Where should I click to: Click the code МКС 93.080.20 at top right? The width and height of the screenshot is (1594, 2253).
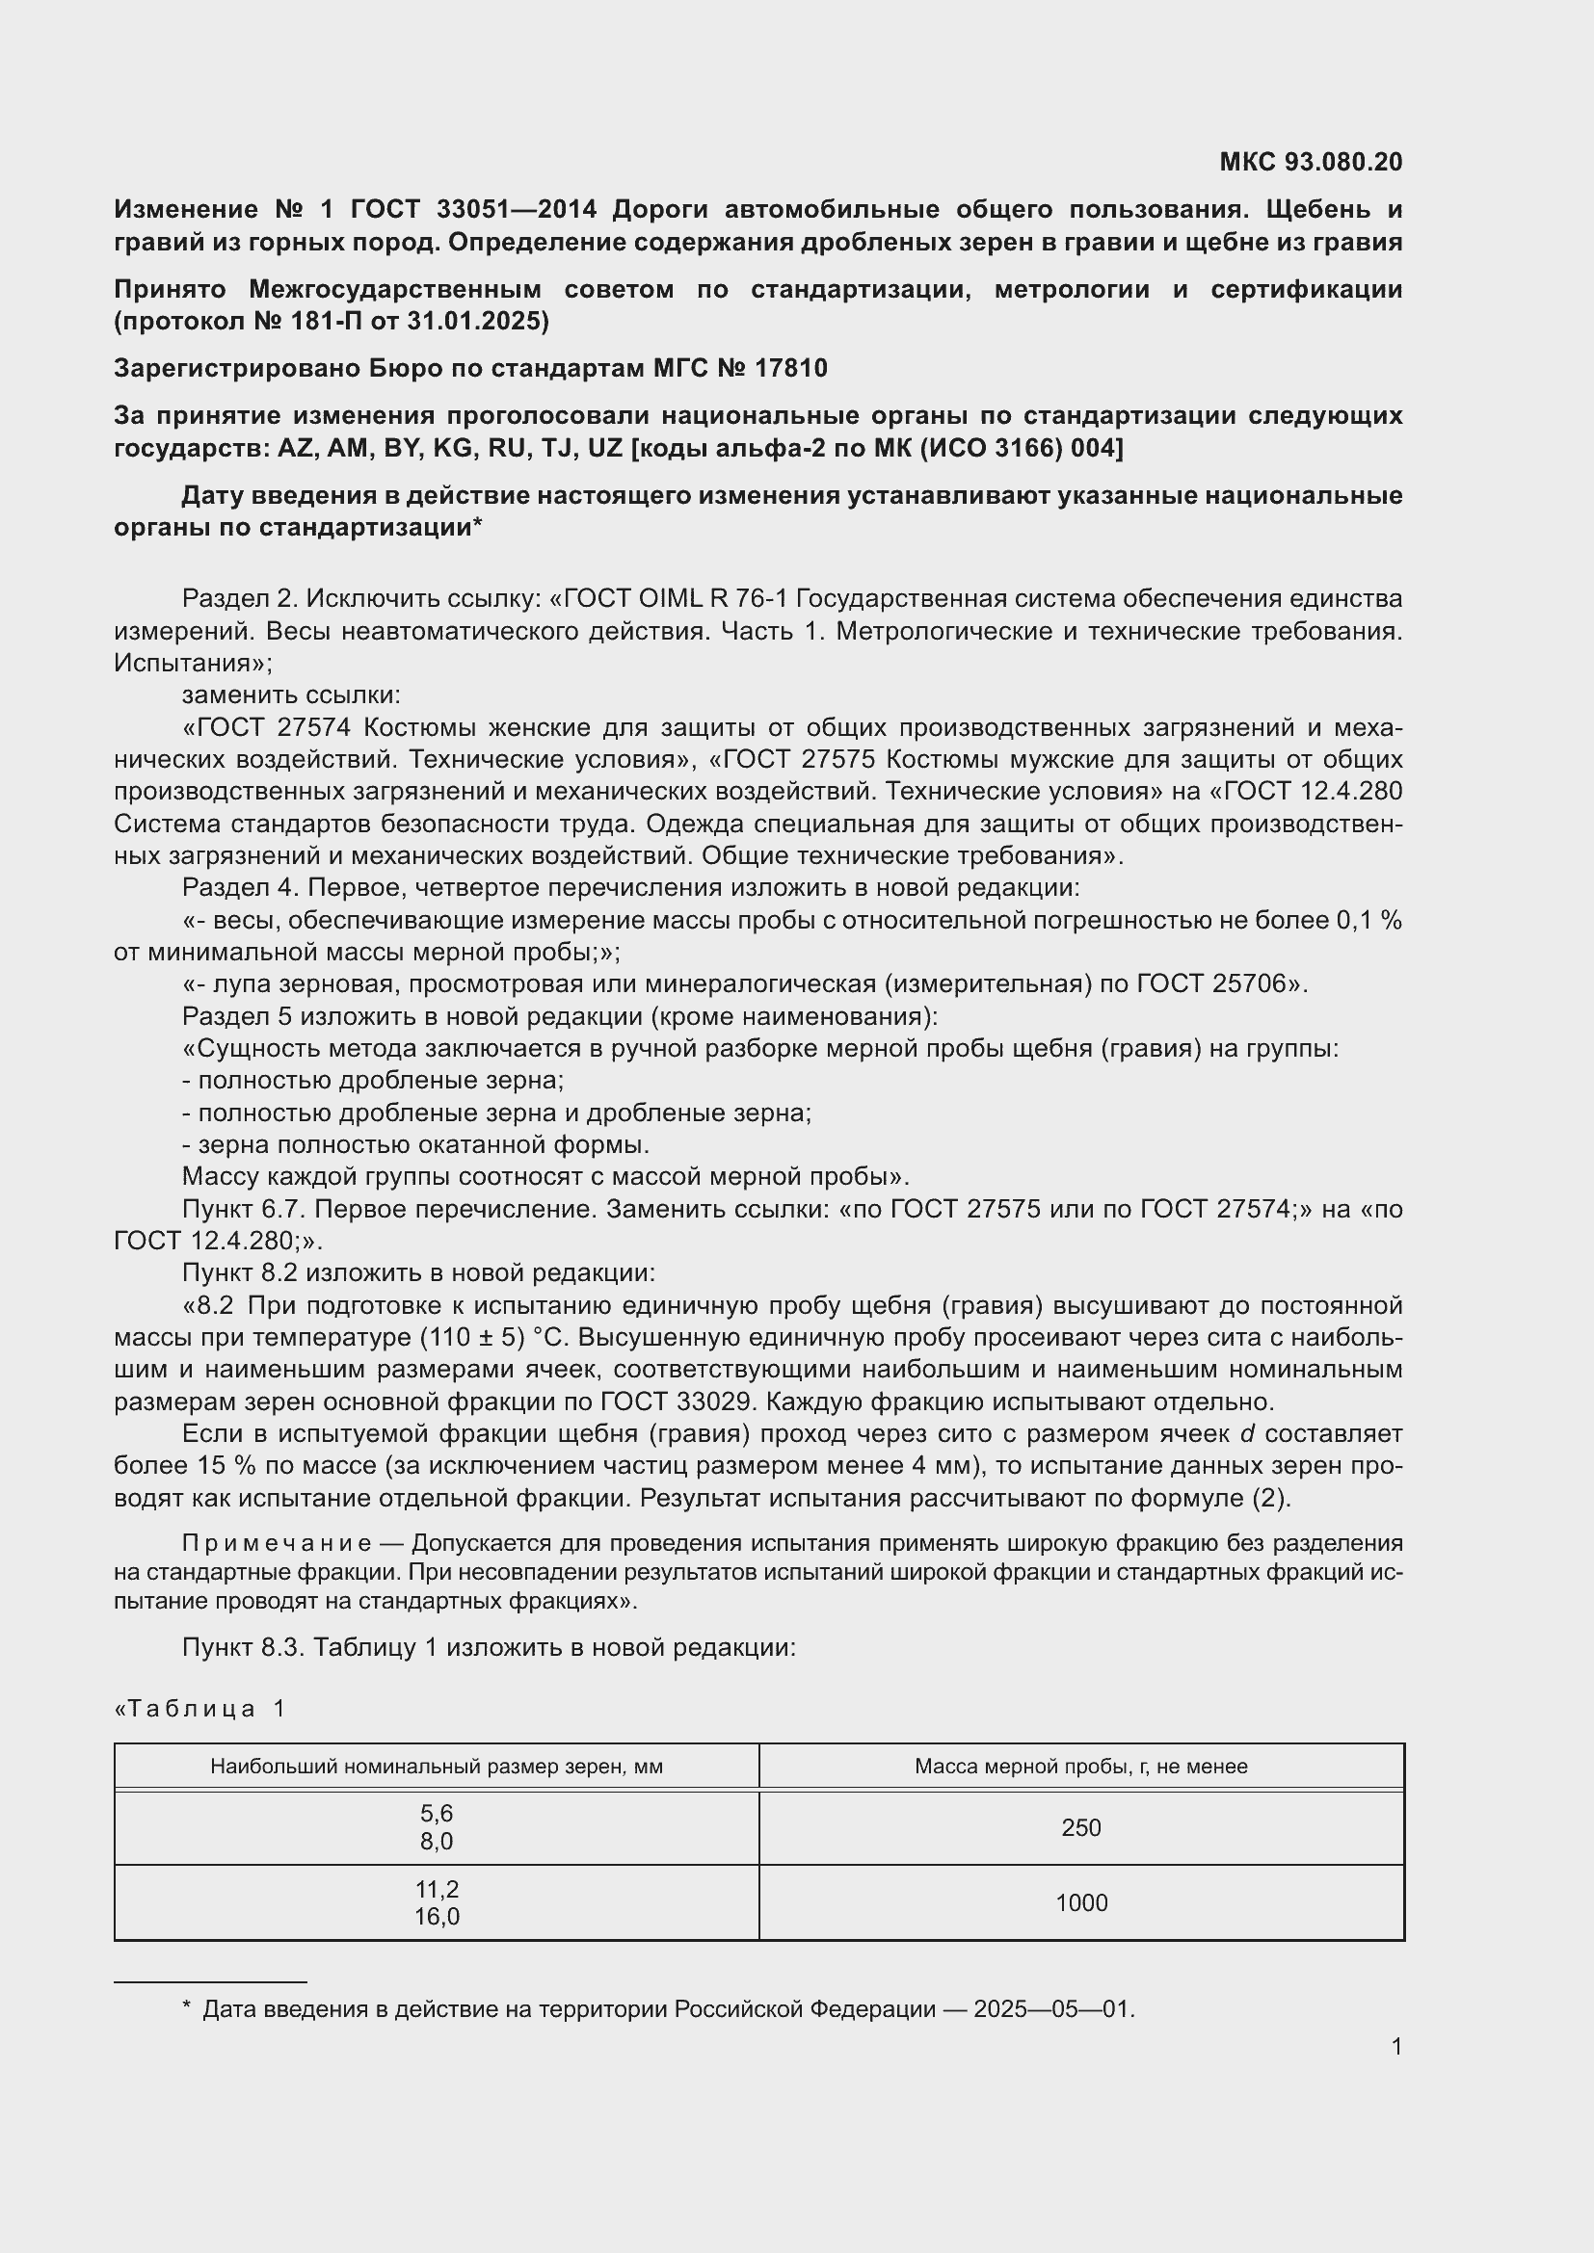click(1311, 162)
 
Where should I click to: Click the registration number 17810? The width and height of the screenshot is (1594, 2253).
click(791, 368)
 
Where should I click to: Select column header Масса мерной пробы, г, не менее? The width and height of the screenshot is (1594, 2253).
click(1080, 1767)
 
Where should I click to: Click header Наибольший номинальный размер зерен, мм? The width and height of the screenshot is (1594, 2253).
click(436, 1767)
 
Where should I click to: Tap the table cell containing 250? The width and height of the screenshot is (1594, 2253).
click(1080, 1827)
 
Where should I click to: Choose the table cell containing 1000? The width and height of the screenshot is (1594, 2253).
click(1080, 1902)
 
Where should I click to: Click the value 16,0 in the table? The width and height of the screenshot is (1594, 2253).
click(436, 1917)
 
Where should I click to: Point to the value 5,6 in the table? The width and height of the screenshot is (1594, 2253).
click(436, 1814)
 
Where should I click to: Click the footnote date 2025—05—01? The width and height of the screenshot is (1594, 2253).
click(1052, 2008)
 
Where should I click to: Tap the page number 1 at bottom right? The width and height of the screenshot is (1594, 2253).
click(1395, 2047)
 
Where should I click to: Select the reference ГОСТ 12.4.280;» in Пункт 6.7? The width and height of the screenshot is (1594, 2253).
click(218, 1242)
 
